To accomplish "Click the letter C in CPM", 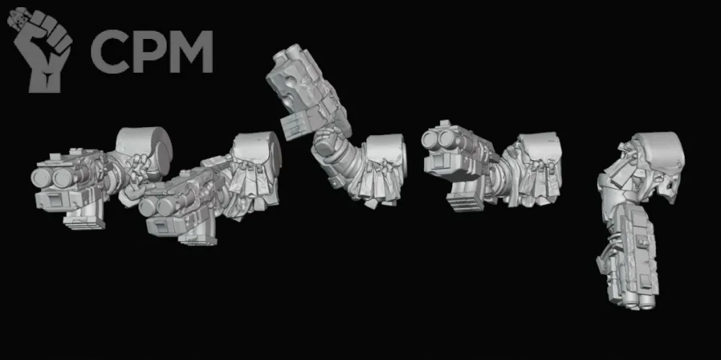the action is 110,51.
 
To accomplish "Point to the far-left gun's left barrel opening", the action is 40,178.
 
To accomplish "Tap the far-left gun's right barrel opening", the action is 61,177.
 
